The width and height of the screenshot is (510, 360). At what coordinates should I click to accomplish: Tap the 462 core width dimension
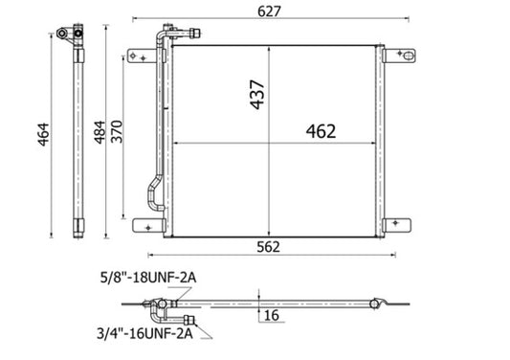[x=320, y=131]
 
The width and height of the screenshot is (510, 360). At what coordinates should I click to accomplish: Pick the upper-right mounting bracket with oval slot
[x=401, y=56]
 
